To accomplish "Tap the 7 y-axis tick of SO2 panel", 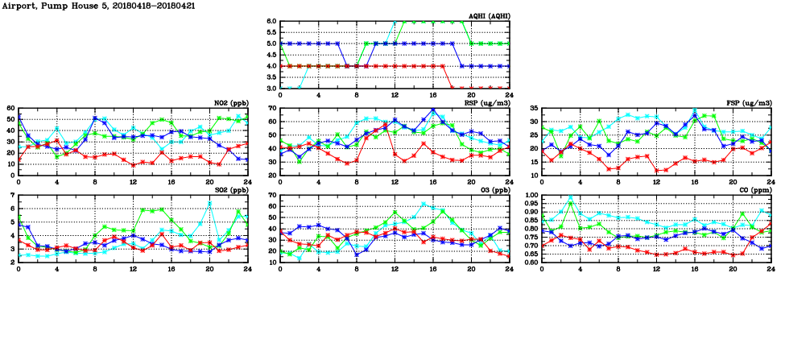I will (13, 196).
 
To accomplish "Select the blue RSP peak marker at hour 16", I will (432, 110).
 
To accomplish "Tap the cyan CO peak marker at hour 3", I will (571, 197).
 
